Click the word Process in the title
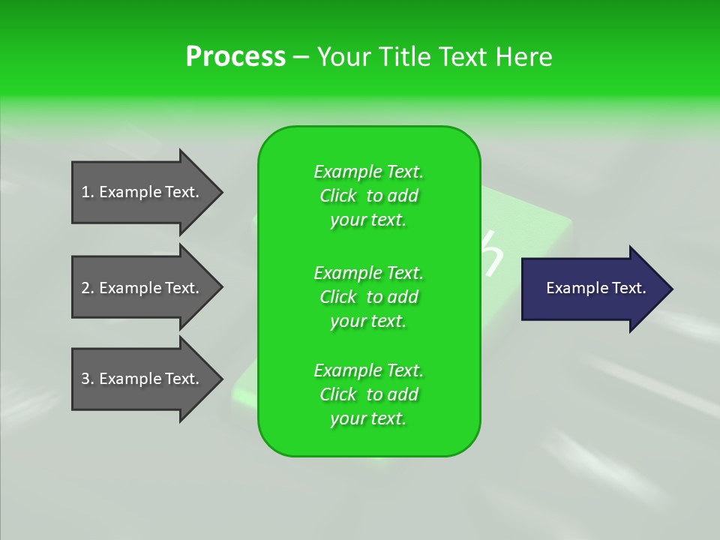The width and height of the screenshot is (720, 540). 235,57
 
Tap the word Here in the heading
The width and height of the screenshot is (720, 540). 524,57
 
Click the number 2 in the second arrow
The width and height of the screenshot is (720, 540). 85,288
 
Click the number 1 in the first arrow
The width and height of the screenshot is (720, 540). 85,192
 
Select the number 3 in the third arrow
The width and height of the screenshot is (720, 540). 85,379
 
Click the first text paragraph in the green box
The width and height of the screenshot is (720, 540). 368,196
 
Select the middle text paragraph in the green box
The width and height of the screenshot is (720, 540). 368,296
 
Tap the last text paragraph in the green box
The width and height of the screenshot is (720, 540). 368,394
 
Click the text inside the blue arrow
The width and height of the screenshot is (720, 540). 595,288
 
